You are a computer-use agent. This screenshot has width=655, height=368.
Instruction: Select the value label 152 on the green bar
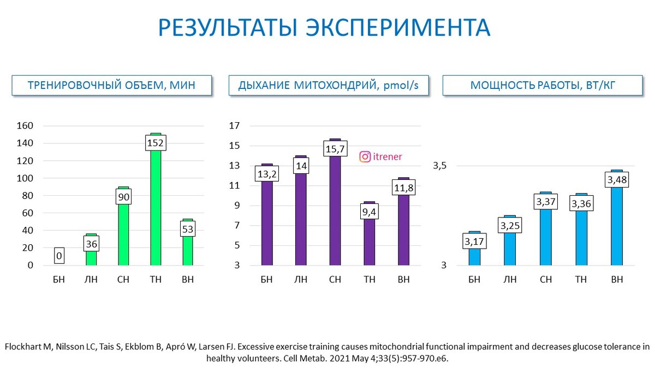click(x=156, y=143)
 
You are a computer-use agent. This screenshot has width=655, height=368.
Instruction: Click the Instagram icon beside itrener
click(x=365, y=157)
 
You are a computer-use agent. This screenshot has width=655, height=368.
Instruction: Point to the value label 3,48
click(x=617, y=180)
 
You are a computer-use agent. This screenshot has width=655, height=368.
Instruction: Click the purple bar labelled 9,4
click(x=370, y=240)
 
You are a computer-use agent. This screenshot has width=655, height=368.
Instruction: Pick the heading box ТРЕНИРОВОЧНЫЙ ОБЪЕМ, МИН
click(x=112, y=86)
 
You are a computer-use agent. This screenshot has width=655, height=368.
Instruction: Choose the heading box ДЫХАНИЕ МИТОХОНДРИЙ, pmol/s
click(x=328, y=86)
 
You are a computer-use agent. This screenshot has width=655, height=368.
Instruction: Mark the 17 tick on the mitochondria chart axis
click(x=234, y=126)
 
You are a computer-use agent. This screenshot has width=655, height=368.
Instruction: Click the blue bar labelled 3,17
click(x=474, y=256)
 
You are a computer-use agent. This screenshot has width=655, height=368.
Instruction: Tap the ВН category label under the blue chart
click(x=617, y=280)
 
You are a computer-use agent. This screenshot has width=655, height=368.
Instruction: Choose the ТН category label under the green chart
click(x=156, y=280)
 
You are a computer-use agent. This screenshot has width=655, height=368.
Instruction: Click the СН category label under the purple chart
click(x=335, y=280)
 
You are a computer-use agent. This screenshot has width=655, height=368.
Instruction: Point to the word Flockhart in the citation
click(x=22, y=347)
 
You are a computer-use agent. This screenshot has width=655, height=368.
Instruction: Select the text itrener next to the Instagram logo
click(x=388, y=157)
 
